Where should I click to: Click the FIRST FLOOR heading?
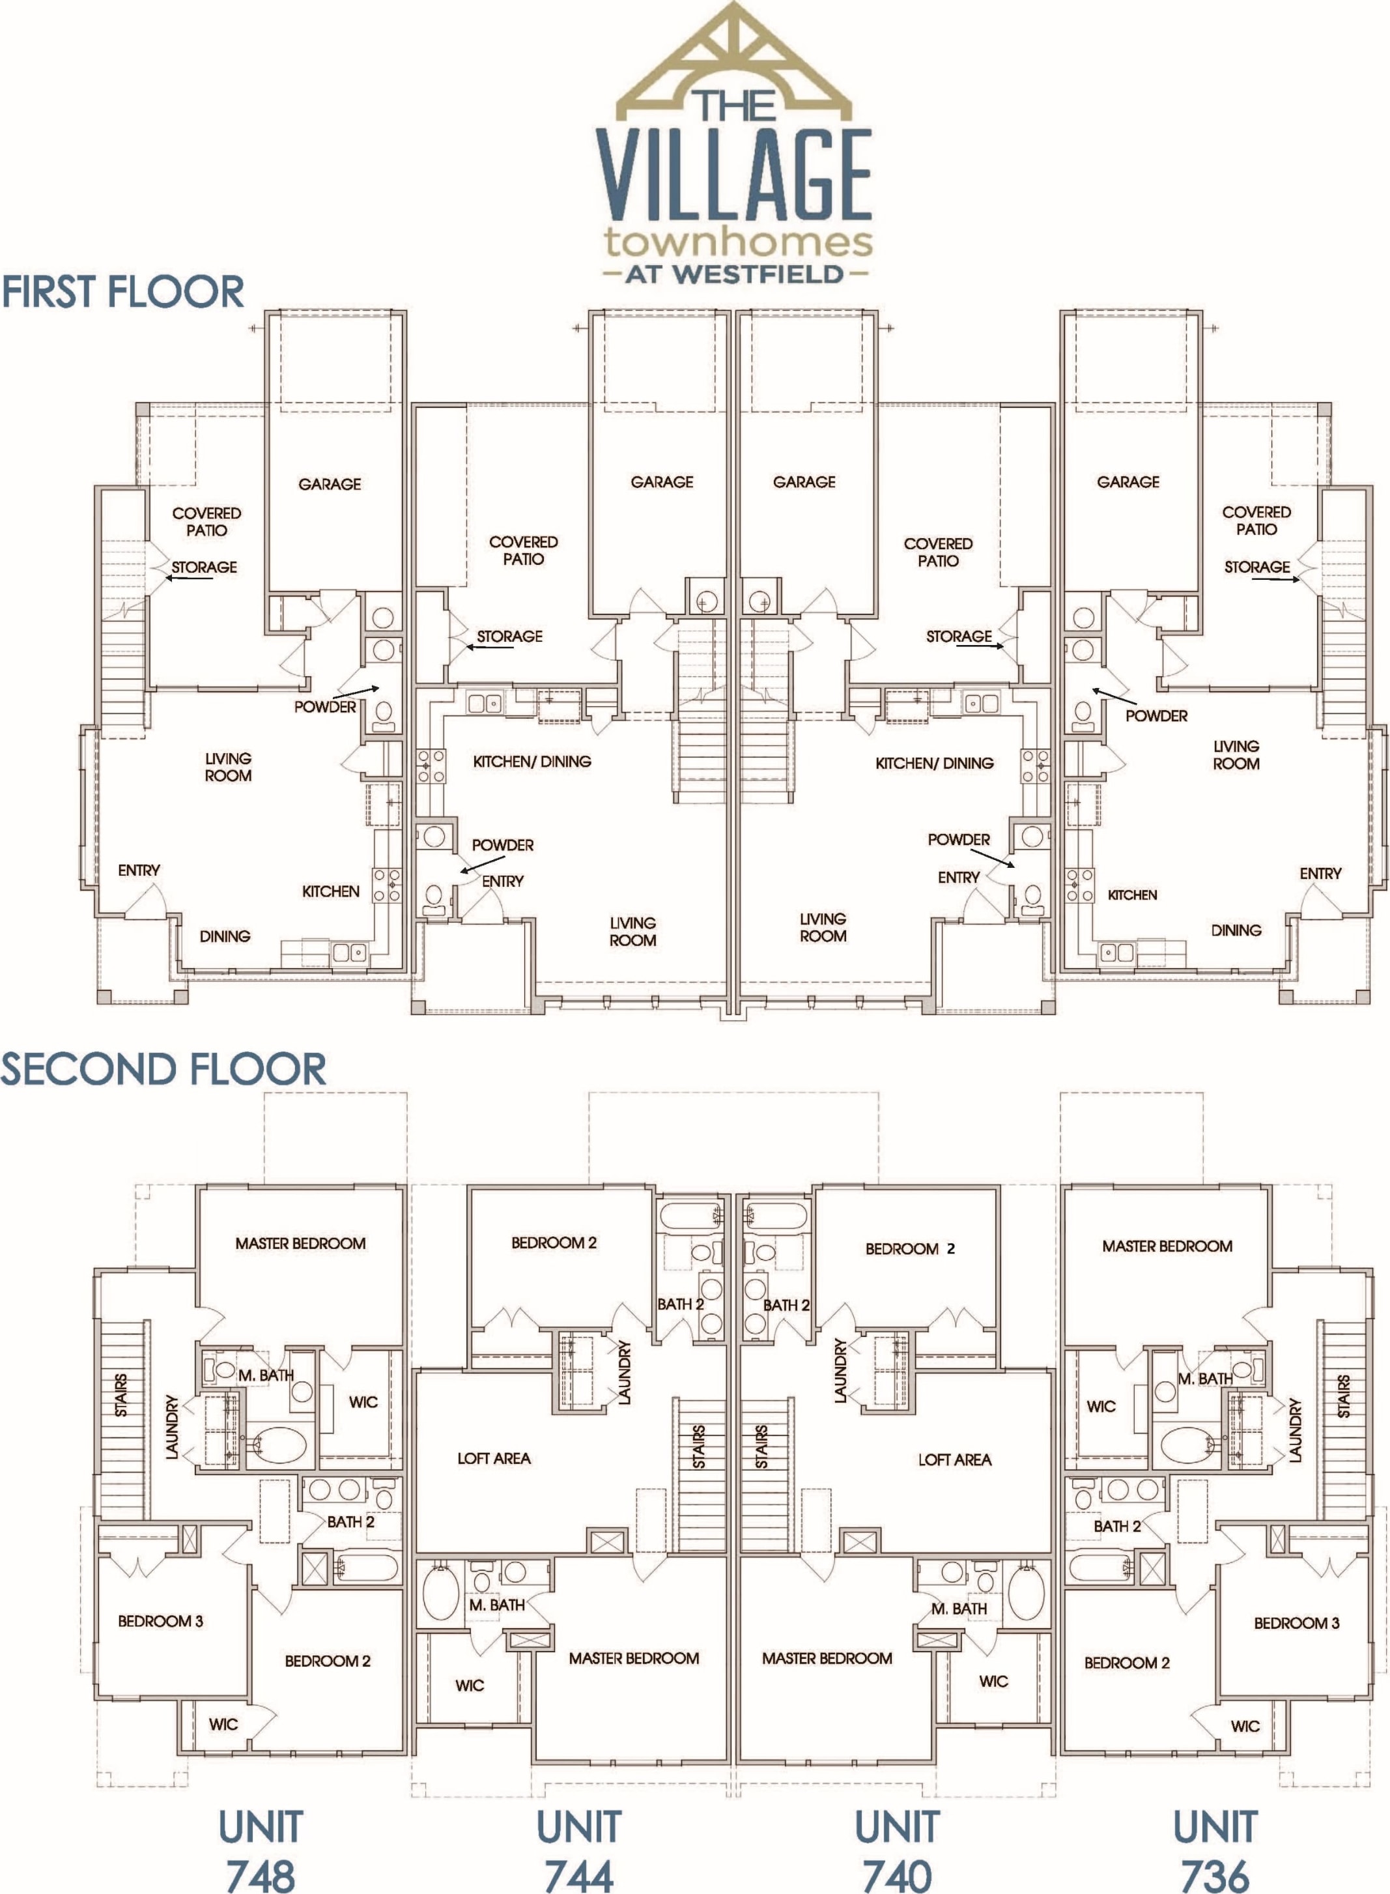pyautogui.click(x=123, y=291)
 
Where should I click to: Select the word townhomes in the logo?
pyautogui.click(x=738, y=242)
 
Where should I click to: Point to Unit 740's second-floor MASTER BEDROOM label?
pyautogui.click(x=827, y=1657)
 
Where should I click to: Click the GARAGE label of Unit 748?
pyautogui.click(x=329, y=484)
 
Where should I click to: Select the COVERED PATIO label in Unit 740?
pyautogui.click(x=937, y=552)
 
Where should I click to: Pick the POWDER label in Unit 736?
pyautogui.click(x=1156, y=715)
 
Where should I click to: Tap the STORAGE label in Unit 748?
pyautogui.click(x=204, y=567)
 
